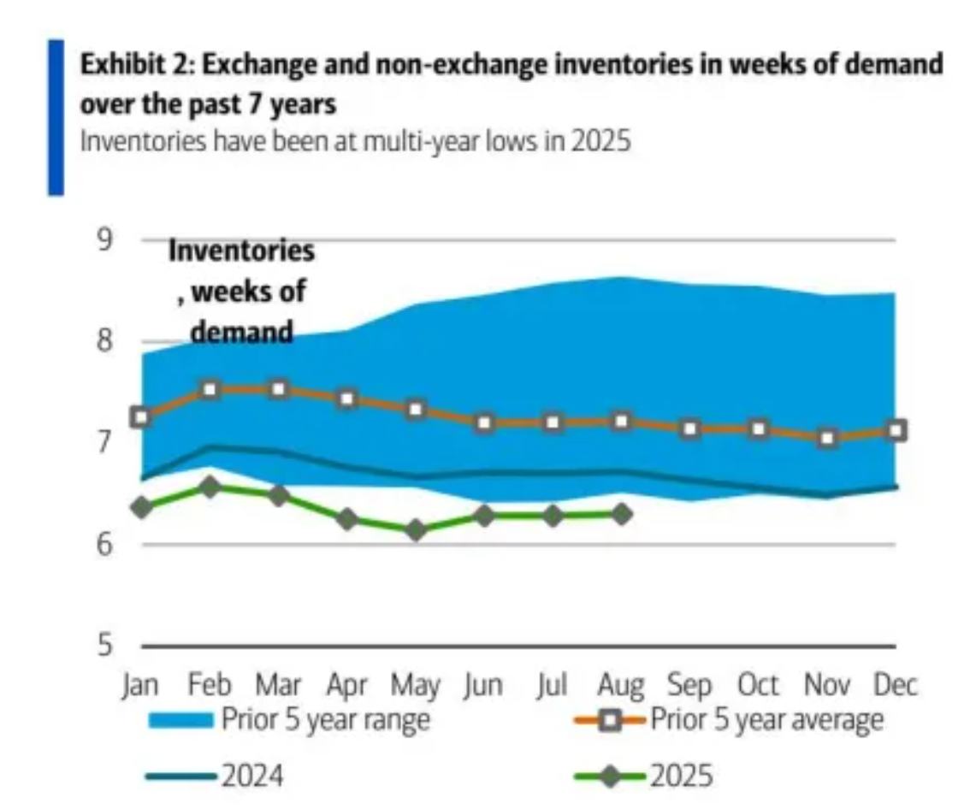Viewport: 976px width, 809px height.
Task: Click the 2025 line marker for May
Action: point(417,530)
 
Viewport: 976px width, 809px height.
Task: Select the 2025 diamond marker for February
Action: point(210,487)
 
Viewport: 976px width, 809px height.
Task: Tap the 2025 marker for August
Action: point(622,514)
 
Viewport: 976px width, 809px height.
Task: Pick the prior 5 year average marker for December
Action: point(896,430)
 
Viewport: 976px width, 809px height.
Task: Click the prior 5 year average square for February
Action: point(210,390)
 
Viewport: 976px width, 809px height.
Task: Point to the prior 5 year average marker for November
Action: point(827,438)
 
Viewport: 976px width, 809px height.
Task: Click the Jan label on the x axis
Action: point(141,686)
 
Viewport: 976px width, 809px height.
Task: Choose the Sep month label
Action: point(689,686)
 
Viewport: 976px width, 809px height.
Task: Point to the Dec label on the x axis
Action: point(896,686)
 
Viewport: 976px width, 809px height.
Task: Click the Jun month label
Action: point(484,686)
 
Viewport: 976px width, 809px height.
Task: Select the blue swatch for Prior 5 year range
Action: point(180,721)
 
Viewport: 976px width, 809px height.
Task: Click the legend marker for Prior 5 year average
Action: point(609,721)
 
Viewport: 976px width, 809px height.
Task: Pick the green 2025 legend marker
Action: point(609,776)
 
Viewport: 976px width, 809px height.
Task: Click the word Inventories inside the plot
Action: point(241,251)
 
